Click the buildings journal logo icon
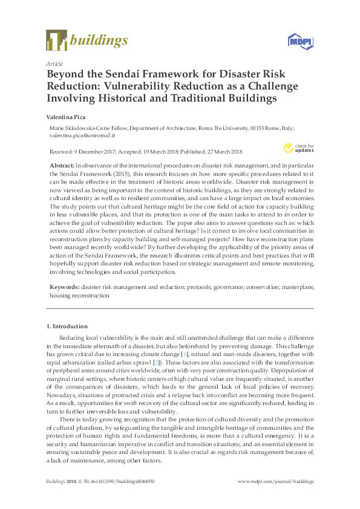[56, 41]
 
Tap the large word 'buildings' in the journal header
[100, 41]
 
